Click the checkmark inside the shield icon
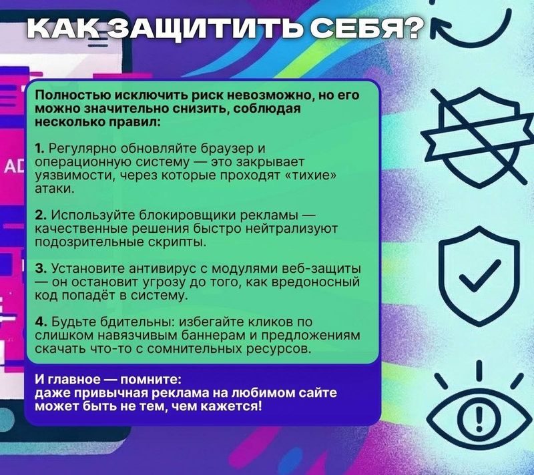pos(480,276)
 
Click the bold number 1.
pos(39,149)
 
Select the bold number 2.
pos(41,215)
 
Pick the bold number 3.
pos(41,268)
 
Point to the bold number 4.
pos(41,322)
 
